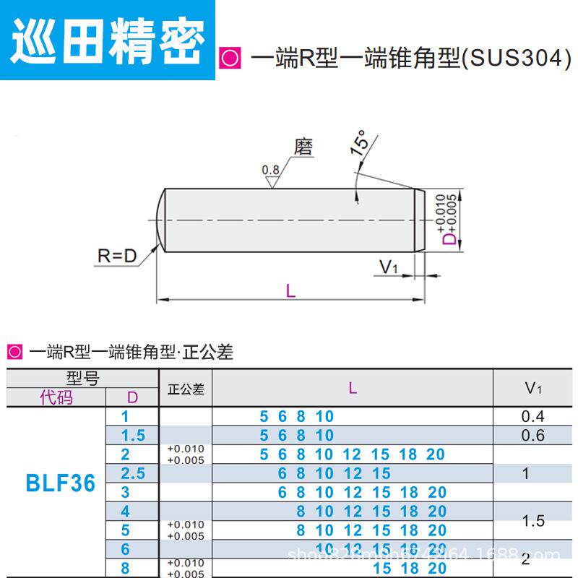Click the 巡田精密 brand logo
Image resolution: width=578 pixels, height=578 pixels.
(x=108, y=35)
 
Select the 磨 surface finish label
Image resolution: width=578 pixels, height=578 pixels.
(x=304, y=147)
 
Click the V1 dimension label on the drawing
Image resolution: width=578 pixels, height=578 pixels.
(x=389, y=267)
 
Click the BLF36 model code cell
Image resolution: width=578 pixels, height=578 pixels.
(x=60, y=483)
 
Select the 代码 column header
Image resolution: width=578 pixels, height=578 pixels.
(x=56, y=397)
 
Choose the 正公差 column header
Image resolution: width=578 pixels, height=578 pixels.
(x=186, y=389)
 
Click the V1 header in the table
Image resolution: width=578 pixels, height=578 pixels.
(x=533, y=388)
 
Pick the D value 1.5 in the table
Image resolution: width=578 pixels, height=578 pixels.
(x=133, y=435)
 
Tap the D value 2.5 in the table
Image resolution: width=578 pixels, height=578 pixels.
(x=133, y=474)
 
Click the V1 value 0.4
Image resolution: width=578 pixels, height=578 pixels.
(x=532, y=416)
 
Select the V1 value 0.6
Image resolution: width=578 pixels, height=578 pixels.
(x=532, y=435)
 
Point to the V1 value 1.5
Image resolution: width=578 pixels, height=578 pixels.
(x=532, y=521)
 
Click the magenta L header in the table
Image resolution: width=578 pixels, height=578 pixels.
(x=353, y=388)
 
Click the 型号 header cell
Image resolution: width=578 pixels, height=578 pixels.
(x=82, y=379)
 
